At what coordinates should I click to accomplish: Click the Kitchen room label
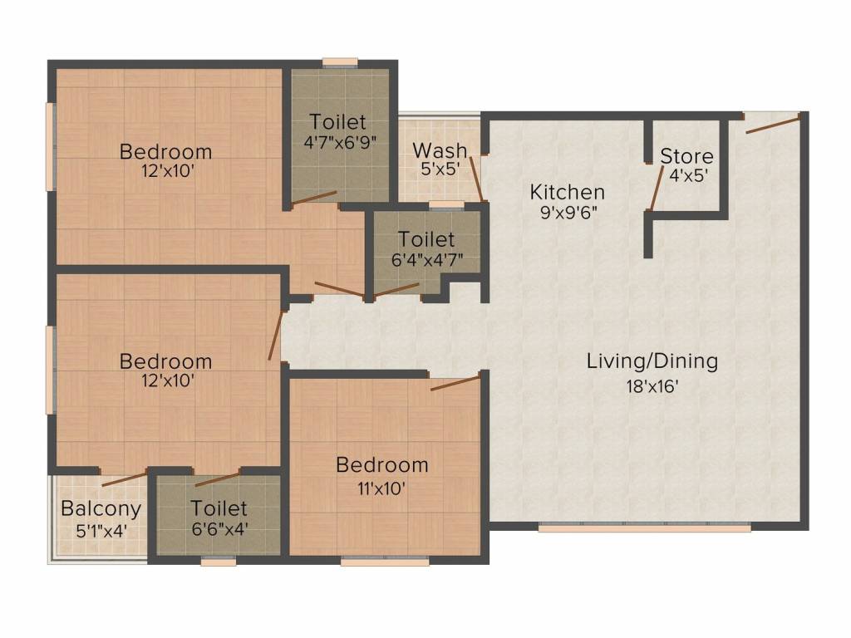coord(568,192)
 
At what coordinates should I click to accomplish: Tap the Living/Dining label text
coord(652,361)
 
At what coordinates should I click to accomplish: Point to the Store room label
coord(686,156)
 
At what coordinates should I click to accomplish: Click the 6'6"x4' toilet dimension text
coord(219,528)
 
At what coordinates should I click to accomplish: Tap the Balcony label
coord(101,508)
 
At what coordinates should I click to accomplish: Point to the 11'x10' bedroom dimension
coord(382,488)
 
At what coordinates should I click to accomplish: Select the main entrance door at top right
coord(773,124)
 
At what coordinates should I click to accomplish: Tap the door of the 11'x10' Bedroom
coord(455,383)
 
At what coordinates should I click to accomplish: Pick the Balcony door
coord(124,478)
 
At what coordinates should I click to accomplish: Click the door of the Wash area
coord(475,178)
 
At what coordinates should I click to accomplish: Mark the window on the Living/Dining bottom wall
coord(645,527)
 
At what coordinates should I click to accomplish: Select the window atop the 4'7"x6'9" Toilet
coord(340,61)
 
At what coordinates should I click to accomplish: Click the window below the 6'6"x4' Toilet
coord(219,562)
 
